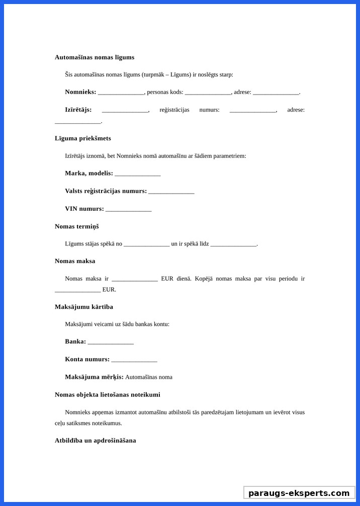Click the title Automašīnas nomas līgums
95,57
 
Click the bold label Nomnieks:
80,92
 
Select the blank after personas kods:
208,93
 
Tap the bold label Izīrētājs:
78,110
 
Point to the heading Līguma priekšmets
83,138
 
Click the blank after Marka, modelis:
138,174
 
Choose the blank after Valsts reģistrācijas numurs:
171,192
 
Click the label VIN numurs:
84,209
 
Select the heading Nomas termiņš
77,226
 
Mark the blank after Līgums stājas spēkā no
146,244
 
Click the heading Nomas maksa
75,261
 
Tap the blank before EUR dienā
135,279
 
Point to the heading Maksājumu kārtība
84,307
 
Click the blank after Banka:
111,342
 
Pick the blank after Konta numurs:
134,360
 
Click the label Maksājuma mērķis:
94,377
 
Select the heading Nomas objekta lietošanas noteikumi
108,395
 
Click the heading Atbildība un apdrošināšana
96,441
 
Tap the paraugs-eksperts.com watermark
299,493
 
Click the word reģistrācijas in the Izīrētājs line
174,110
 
